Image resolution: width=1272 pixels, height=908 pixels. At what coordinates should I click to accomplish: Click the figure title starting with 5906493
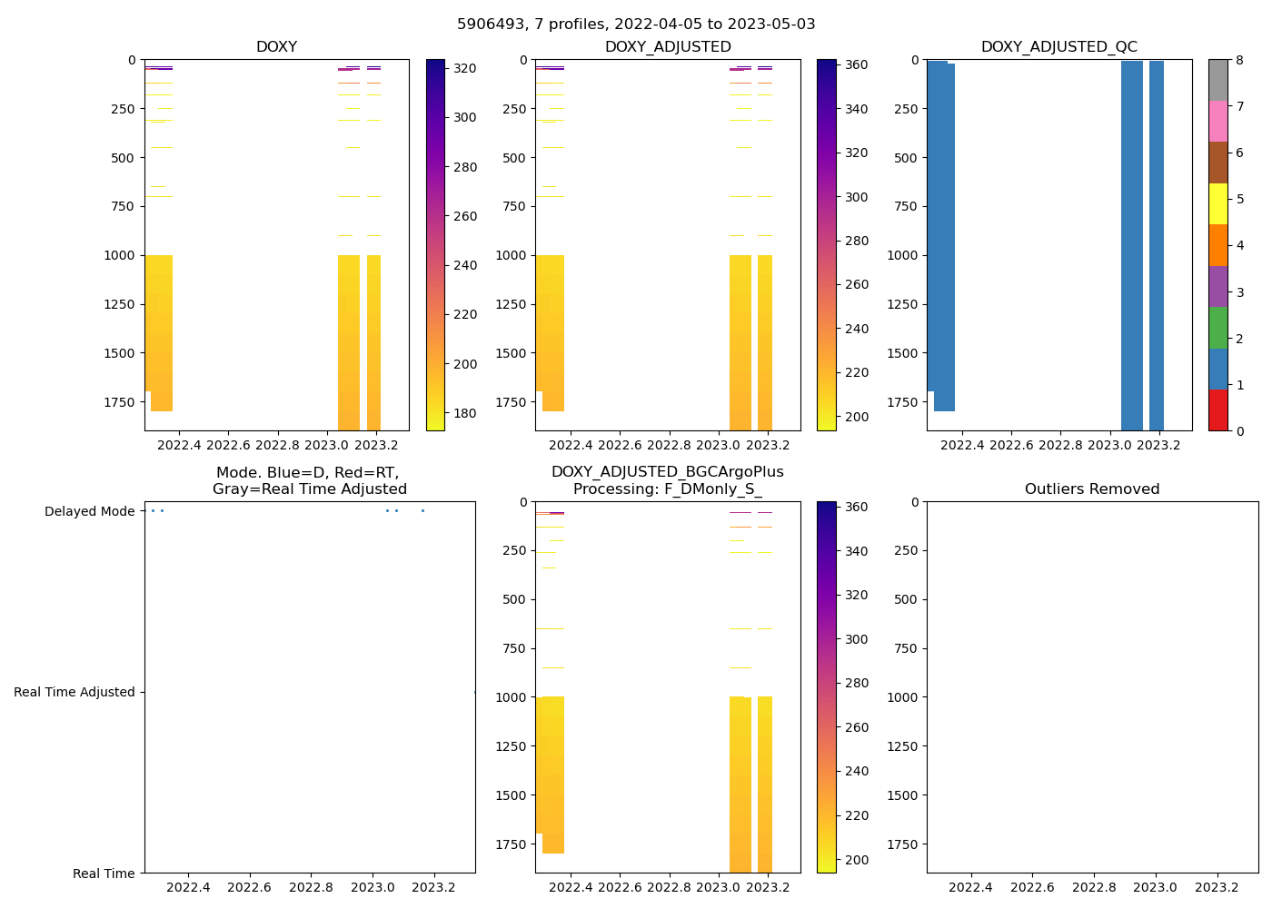[636, 25]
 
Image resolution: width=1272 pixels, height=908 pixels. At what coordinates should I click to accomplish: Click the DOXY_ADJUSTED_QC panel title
[1058, 47]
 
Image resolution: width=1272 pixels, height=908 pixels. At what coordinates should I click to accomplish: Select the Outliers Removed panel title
[1091, 489]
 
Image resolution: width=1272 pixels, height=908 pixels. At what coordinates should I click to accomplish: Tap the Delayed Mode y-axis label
[89, 511]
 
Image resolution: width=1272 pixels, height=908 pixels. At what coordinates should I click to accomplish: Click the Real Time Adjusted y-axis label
[75, 692]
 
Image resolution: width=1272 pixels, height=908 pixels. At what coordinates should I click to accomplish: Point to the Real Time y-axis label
[104, 873]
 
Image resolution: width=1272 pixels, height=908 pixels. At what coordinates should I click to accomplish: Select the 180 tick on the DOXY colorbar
[465, 413]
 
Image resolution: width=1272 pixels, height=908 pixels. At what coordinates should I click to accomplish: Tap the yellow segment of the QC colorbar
[1217, 203]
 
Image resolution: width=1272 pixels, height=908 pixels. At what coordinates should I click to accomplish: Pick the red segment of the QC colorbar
[1217, 410]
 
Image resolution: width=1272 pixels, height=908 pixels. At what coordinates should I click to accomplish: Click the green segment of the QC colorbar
[1217, 328]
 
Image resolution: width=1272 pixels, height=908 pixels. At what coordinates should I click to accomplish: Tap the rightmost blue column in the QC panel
[1156, 245]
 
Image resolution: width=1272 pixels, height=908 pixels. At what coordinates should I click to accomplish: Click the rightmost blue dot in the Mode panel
[422, 510]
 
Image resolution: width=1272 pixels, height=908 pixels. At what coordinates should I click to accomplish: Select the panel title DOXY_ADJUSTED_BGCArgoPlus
[667, 472]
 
